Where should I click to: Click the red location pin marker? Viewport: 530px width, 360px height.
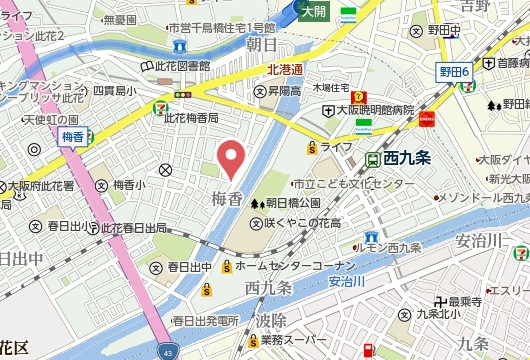(232, 158)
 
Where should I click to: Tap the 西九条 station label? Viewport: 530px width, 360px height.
(406, 158)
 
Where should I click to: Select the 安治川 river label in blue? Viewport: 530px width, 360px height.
(346, 282)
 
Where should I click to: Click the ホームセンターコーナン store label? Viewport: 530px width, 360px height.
(295, 266)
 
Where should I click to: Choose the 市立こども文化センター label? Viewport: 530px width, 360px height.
(353, 185)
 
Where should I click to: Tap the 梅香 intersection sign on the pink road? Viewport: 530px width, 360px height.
(72, 135)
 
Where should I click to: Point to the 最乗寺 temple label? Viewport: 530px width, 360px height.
(465, 301)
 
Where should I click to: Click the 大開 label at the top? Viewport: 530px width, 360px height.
(313, 11)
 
